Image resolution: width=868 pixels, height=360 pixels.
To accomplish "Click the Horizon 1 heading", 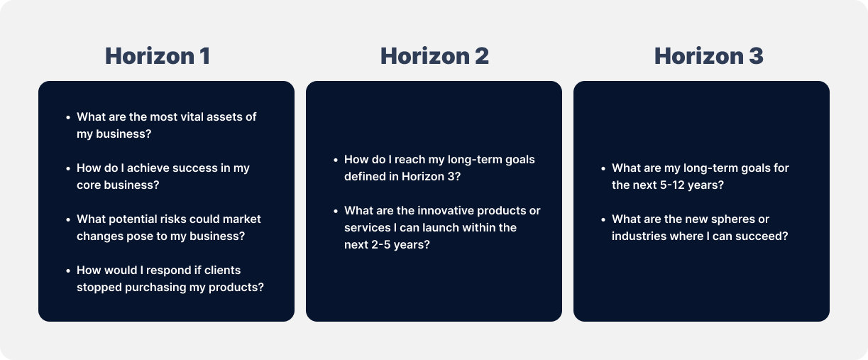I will (157, 56).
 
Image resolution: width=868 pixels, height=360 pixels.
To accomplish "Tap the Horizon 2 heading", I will (434, 56).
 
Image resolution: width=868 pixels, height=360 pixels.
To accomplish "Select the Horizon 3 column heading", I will (708, 56).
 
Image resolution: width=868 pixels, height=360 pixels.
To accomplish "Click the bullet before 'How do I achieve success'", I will (67, 169).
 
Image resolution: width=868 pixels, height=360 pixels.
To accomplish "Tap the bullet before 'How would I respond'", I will (67, 271).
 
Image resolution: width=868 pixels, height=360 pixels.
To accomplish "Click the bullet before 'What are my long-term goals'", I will (603, 169).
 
